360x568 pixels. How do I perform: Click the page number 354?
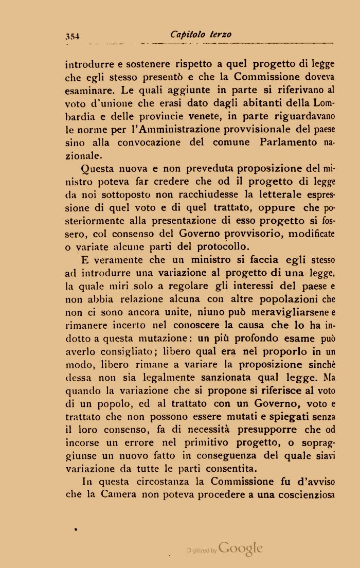point(75,36)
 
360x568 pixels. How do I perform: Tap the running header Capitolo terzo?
point(201,34)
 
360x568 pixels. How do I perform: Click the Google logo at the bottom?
point(241,548)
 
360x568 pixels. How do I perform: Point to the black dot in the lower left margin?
point(76,529)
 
